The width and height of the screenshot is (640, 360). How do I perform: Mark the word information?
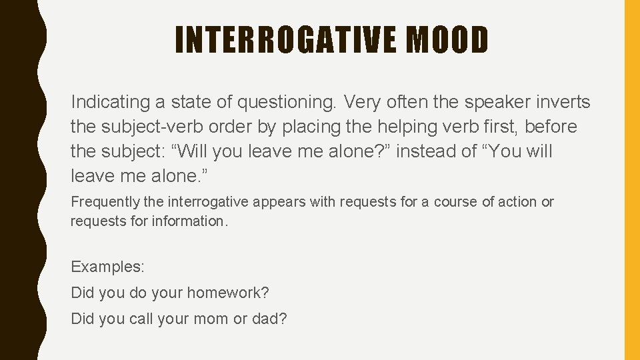[x=191, y=221]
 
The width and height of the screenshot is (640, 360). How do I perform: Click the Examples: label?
[x=107, y=267]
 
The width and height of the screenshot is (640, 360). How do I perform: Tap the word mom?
[x=210, y=319]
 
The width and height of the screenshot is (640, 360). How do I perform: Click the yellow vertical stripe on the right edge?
[x=631, y=180]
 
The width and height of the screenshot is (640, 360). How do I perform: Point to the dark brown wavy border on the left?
[x=17, y=180]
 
